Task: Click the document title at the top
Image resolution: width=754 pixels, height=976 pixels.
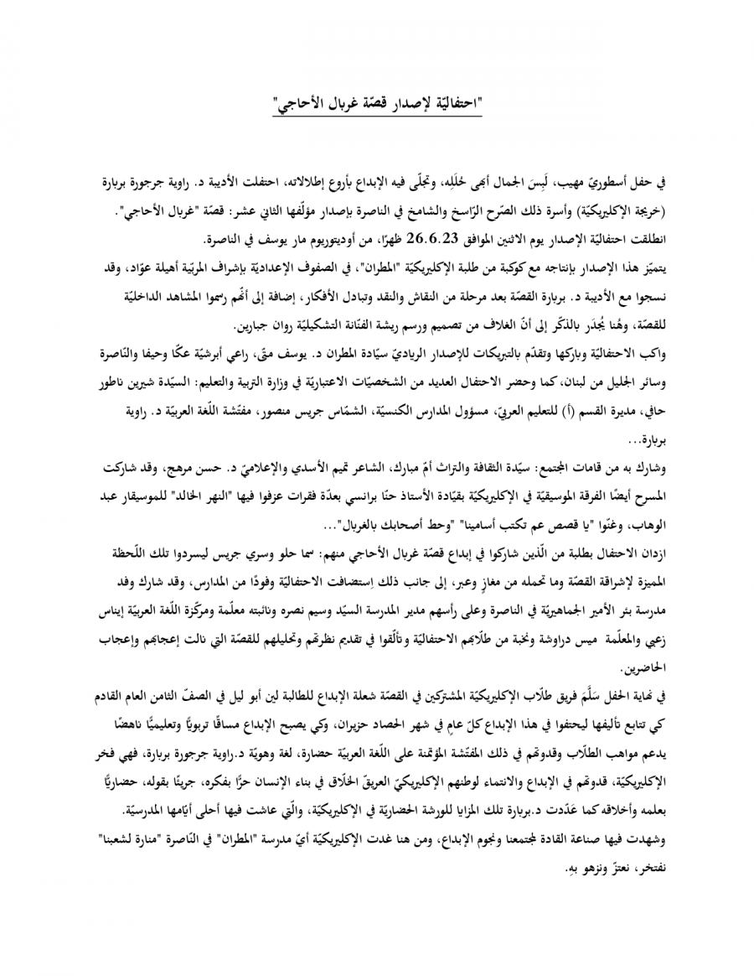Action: (x=379, y=105)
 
